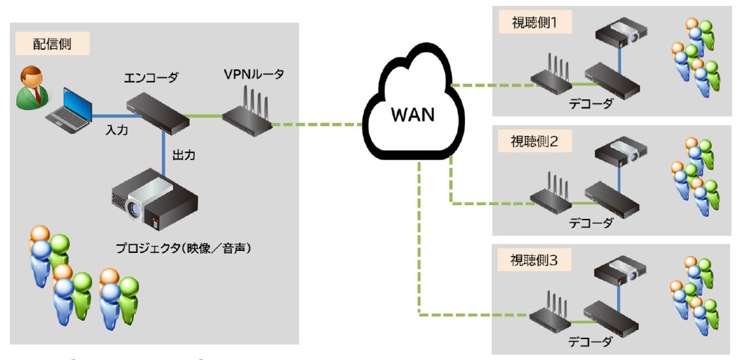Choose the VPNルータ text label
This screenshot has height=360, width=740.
253,74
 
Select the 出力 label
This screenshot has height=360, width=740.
184,156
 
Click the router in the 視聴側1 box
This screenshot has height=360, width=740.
551,76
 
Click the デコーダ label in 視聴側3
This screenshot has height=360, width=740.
591,342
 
